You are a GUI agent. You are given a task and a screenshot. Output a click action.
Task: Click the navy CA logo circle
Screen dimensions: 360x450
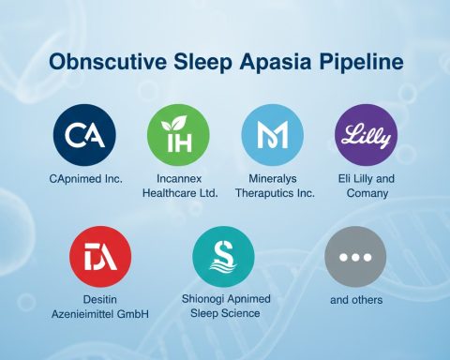pos(84,136)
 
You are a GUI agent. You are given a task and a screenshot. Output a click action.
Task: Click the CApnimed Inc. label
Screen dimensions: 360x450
pos(84,178)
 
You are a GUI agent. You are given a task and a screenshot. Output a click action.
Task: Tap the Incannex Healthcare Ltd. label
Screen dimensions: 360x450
pos(181,186)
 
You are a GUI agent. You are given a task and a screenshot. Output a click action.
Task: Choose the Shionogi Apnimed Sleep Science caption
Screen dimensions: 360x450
pos(223,307)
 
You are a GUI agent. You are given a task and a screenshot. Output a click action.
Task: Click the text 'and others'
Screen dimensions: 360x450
pos(355,300)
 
